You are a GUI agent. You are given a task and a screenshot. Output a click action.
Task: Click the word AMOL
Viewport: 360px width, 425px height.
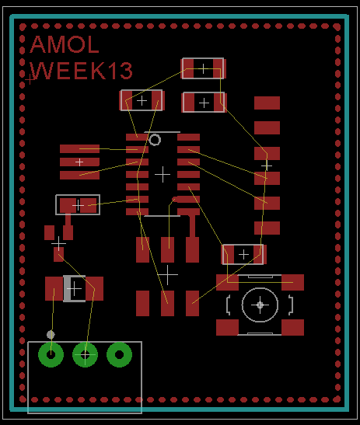pos(65,44)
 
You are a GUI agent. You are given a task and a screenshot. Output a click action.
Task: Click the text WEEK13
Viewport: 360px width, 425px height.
pos(81,71)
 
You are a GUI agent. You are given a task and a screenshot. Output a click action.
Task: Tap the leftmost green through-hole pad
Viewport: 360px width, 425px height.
pos(51,354)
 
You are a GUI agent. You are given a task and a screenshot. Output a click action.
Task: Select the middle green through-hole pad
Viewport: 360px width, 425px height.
pos(86,354)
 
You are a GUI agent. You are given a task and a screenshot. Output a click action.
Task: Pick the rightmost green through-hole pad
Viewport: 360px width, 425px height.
pos(120,354)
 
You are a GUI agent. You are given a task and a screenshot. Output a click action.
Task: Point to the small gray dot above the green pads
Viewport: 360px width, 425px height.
pos(51,334)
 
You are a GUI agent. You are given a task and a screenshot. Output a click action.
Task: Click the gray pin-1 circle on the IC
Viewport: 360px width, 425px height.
pos(155,140)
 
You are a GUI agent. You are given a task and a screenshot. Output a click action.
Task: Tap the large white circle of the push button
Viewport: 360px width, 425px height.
pos(260,305)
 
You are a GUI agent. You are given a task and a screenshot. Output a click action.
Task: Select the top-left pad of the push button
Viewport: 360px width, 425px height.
pos(227,282)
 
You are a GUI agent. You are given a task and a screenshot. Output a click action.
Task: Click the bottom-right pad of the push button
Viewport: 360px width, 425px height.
pos(292,327)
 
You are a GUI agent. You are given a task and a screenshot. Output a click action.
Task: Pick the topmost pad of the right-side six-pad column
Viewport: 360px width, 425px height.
pos(267,103)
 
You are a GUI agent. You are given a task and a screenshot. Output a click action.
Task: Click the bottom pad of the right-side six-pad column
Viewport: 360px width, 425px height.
pos(267,228)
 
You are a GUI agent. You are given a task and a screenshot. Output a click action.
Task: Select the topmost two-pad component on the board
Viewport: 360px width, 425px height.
pos(203,68)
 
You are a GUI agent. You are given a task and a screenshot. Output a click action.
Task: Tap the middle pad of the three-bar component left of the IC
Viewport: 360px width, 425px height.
pos(79,162)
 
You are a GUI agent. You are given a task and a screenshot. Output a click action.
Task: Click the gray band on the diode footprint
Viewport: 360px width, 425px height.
pos(67,289)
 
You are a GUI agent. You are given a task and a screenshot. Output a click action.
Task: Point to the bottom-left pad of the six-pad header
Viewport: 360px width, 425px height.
pos(143,303)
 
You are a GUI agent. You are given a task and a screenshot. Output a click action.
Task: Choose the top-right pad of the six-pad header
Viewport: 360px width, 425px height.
pos(192,249)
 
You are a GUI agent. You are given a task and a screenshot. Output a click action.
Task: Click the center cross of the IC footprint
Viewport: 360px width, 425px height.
pos(163,174)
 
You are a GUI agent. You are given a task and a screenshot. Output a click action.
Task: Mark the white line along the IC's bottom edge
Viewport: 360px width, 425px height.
pos(162,216)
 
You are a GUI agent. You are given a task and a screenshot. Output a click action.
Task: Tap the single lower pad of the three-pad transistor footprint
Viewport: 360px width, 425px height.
pos(58,255)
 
